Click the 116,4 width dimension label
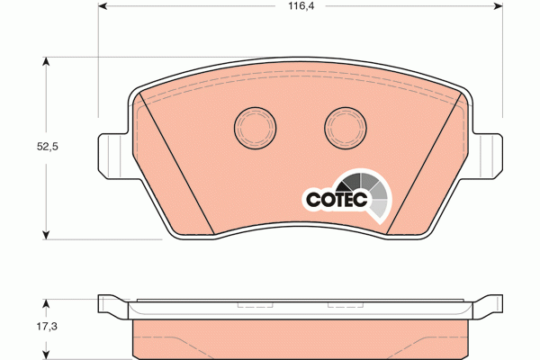(x=301, y=6)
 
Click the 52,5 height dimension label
(x=48, y=147)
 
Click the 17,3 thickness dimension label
(x=47, y=326)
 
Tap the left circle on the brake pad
(x=256, y=128)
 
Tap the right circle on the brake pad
(x=346, y=128)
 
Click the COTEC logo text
(x=337, y=200)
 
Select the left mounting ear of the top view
(x=113, y=156)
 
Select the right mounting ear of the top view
(x=487, y=156)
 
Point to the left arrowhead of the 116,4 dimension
(x=103, y=6)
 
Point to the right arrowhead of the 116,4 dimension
(x=499, y=6)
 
